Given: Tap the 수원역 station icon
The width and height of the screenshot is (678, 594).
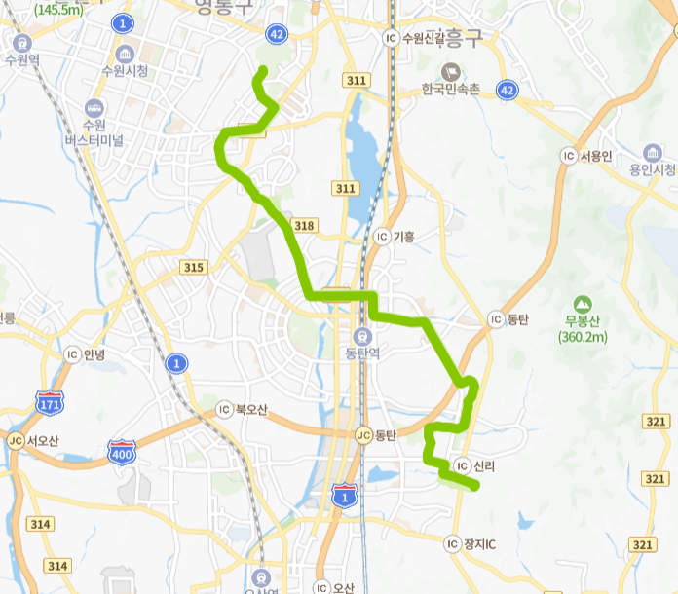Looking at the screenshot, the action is click(x=20, y=43).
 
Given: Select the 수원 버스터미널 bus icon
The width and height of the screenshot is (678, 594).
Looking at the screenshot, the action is click(x=94, y=107).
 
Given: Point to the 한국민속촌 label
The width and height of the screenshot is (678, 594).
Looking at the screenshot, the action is click(x=451, y=89).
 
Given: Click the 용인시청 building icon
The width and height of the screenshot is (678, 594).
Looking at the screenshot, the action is click(x=652, y=153).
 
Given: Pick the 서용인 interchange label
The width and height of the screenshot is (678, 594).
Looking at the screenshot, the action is click(x=594, y=156).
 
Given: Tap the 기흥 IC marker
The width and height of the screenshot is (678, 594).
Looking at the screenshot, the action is click(x=382, y=237).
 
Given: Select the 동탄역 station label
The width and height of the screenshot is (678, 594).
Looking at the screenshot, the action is click(x=363, y=352).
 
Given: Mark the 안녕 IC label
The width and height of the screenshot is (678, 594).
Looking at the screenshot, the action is click(x=94, y=354).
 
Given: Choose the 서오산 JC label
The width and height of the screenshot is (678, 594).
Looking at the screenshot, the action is click(x=43, y=440).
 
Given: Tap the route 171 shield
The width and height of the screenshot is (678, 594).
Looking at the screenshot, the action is click(x=49, y=402).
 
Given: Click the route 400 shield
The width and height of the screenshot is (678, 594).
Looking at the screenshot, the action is click(x=123, y=449).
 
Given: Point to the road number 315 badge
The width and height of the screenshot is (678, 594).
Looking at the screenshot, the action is click(x=193, y=267).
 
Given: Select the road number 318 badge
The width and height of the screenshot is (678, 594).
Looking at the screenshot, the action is click(x=304, y=226).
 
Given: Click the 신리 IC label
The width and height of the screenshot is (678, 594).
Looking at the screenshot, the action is click(x=483, y=465).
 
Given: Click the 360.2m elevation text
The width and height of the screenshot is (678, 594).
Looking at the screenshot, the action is click(x=583, y=337).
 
